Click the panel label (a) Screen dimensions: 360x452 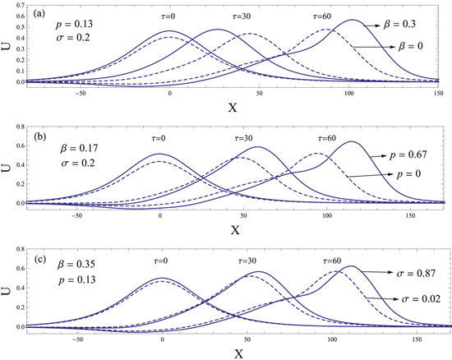coord(36,14)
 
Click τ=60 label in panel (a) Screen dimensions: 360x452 coord(325,16)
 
